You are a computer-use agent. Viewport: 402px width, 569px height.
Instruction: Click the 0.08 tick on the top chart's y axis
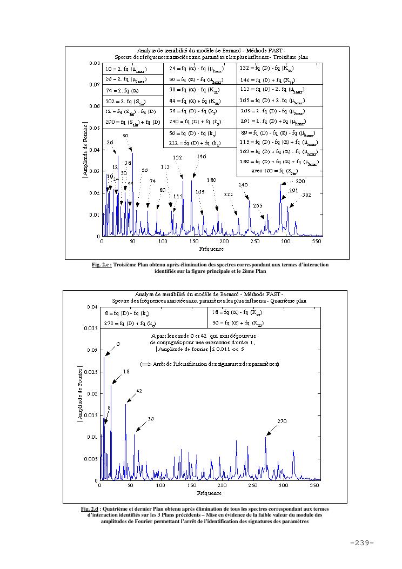pyautogui.click(x=94, y=63)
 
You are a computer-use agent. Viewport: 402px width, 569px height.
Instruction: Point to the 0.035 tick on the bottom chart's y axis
pyautogui.click(x=92, y=328)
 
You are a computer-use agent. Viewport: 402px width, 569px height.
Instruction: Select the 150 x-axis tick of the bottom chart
pyautogui.click(x=191, y=486)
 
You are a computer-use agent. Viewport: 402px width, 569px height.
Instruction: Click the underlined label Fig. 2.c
pyautogui.click(x=102, y=265)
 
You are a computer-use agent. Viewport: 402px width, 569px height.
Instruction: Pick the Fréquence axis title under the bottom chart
pyautogui.click(x=209, y=493)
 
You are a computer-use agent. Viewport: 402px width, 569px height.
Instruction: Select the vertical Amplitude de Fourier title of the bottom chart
pyautogui.click(x=81, y=393)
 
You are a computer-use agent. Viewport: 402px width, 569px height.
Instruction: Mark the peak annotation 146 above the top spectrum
pyautogui.click(x=201, y=156)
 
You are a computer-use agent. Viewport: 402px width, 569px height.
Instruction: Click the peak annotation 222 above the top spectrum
pyautogui.click(x=229, y=195)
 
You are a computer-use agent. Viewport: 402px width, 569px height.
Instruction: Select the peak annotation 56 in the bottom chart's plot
pyautogui.click(x=151, y=419)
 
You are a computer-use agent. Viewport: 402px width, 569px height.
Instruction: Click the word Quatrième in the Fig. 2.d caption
pyautogui.click(x=118, y=509)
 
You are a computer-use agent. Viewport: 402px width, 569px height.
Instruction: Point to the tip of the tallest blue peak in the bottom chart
pyautogui.click(x=104, y=357)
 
